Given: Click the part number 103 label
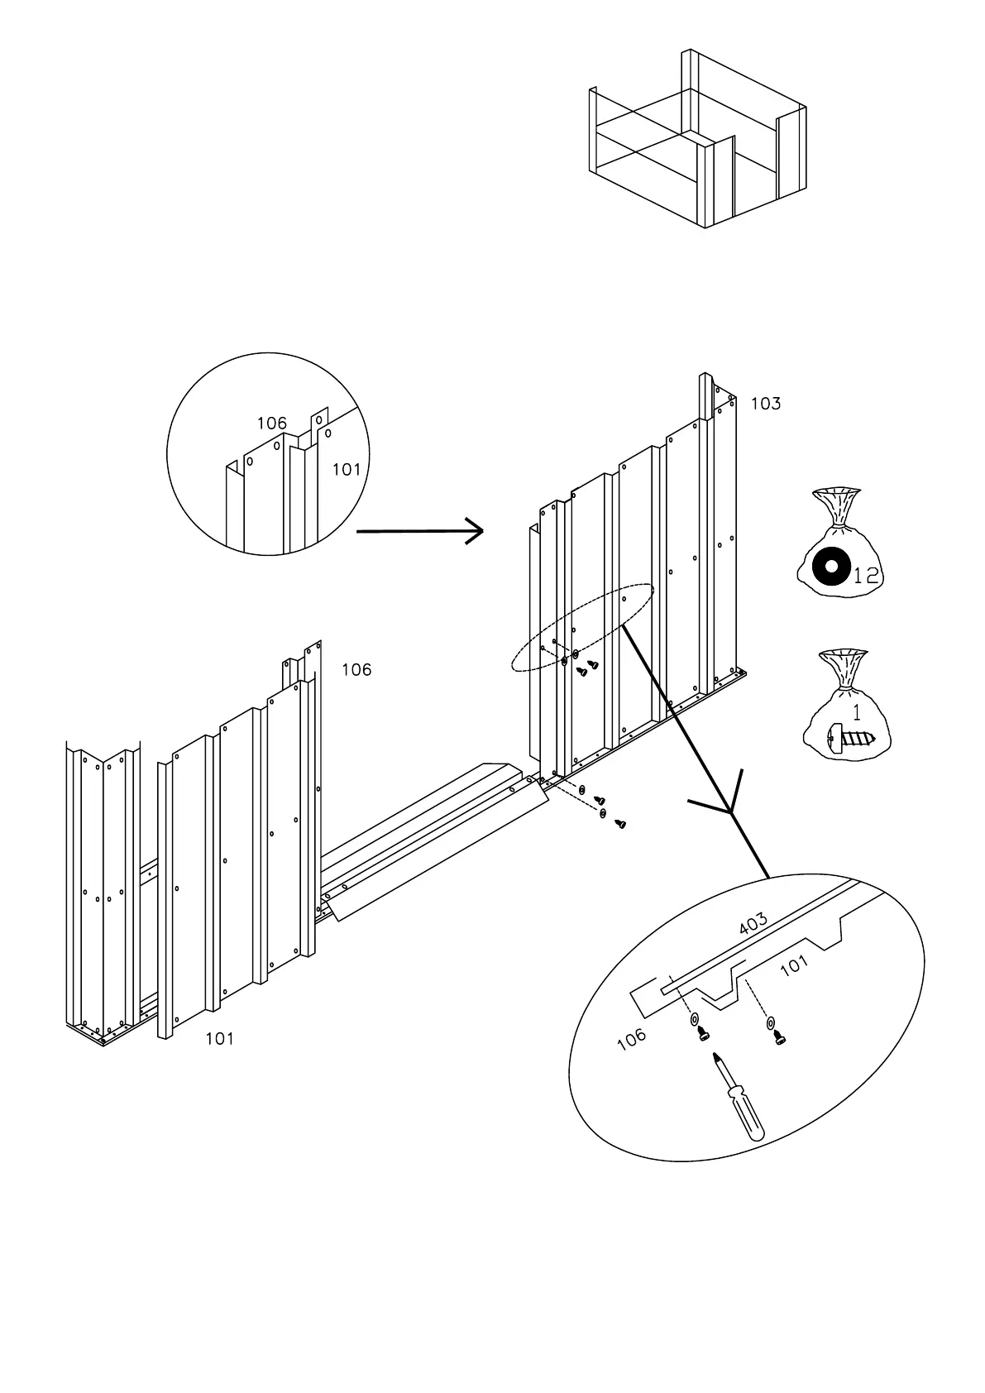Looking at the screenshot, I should point(765,404).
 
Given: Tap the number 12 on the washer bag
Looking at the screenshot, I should point(866,576).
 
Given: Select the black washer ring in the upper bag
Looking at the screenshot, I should point(830,567).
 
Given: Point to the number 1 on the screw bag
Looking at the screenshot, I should point(857,712).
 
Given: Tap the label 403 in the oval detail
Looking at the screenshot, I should point(752,923).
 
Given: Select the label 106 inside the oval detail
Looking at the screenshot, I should point(632,1040).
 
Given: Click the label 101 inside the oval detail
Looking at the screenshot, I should point(794,965).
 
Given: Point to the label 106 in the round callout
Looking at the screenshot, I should point(271,424).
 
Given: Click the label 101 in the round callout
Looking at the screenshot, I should point(347,470).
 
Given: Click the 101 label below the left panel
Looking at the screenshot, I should point(220,1039).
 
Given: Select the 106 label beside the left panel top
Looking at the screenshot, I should point(356,670).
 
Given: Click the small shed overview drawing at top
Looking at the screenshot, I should point(696,141).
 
